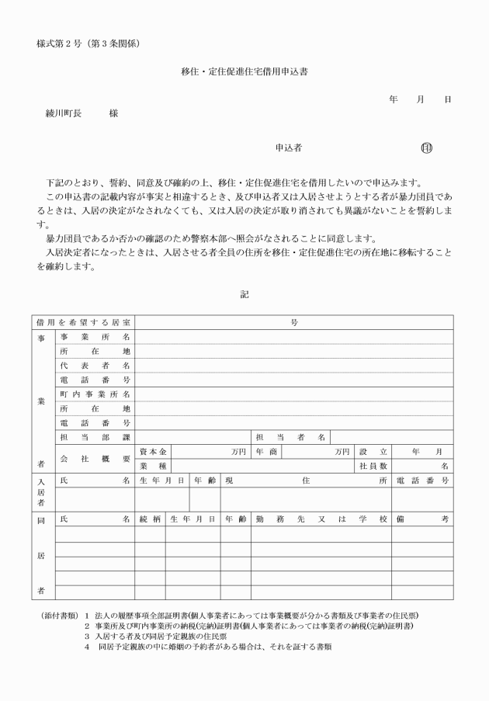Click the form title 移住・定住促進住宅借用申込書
244,71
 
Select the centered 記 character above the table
244,294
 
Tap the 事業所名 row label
95,337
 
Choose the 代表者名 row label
95,366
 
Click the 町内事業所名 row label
95,394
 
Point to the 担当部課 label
95,437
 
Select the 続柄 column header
150,517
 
